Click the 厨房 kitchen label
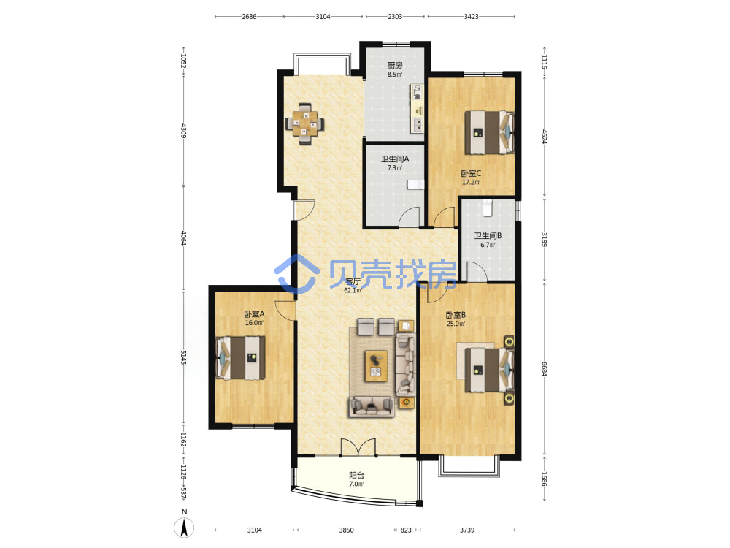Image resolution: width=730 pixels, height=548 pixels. [x=395, y=65]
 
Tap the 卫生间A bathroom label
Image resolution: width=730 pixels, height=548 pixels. [x=395, y=159]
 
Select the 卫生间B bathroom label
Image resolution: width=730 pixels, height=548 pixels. [x=488, y=236]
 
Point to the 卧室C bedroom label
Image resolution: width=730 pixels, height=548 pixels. [x=471, y=173]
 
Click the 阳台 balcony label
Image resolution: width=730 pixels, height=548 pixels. [x=357, y=476]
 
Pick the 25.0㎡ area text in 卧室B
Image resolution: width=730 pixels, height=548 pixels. [x=456, y=324]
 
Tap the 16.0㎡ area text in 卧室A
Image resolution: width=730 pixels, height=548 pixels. [x=254, y=322]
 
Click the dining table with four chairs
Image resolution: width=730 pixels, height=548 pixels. [x=305, y=124]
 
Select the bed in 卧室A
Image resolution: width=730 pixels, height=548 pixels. [x=240, y=358]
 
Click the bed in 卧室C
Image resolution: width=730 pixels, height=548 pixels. [x=490, y=132]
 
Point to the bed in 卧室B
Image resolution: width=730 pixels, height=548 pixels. [x=490, y=370]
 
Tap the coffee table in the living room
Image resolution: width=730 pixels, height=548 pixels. [x=376, y=366]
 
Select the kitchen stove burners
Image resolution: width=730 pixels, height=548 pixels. [x=417, y=92]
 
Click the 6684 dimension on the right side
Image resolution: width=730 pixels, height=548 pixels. [x=544, y=369]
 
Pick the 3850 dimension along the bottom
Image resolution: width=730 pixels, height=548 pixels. [x=346, y=530]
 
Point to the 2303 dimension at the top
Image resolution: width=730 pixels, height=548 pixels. [x=395, y=16]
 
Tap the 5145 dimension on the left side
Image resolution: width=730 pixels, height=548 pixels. [x=184, y=357]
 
